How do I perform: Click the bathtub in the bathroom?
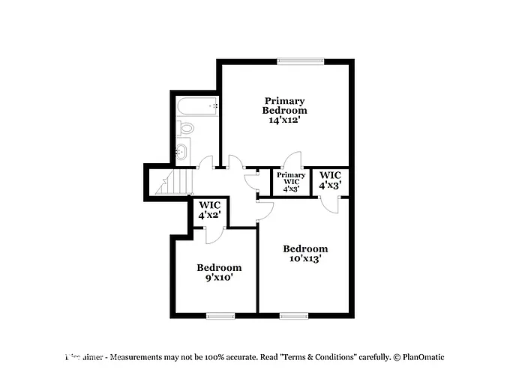coord(197,106)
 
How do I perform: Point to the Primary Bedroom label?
coord(284,106)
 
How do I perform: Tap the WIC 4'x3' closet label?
coord(331,179)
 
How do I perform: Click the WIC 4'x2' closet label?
coord(209,210)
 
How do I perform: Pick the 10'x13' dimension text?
coord(304,260)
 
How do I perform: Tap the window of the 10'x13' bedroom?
coord(293,315)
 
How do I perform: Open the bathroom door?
coord(206,162)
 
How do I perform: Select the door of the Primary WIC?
coord(292,159)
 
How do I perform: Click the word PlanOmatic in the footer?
coord(422,358)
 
